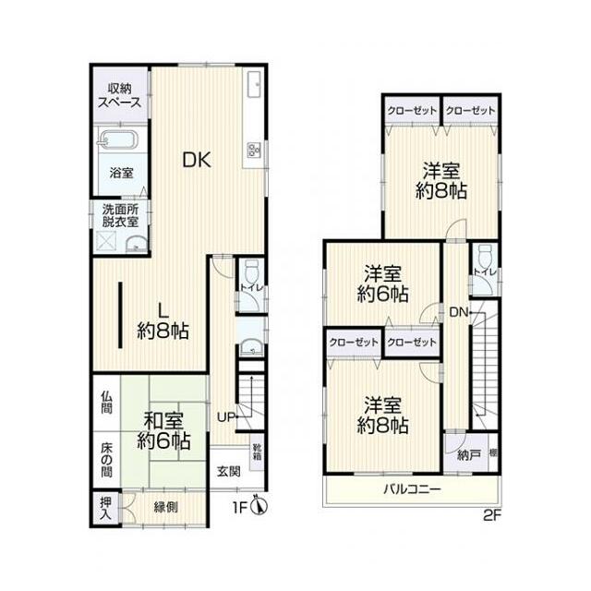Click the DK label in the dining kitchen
pyautogui.click(x=197, y=160)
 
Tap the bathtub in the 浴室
pyautogui.click(x=117, y=140)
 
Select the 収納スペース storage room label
pyautogui.click(x=120, y=96)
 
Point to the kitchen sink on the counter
pyautogui.click(x=253, y=84)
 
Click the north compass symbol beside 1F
pyautogui.click(x=259, y=506)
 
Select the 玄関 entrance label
pyautogui.click(x=229, y=471)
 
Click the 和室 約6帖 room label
pyautogui.click(x=164, y=430)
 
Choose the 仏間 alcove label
pyautogui.click(x=107, y=403)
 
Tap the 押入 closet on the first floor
pyautogui.click(x=106, y=509)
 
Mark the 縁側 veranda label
pyautogui.click(x=165, y=507)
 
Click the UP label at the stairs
pyautogui.click(x=226, y=416)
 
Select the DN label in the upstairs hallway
pyautogui.click(x=459, y=312)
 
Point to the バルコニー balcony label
pyautogui.click(x=412, y=489)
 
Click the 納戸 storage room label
pyautogui.click(x=468, y=455)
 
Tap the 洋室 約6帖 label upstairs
pyautogui.click(x=382, y=284)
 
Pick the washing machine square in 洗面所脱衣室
pyautogui.click(x=107, y=241)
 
